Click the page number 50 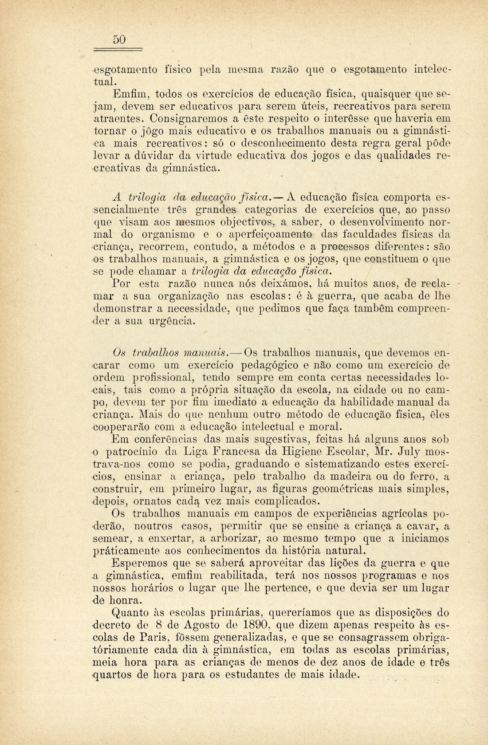click(x=119, y=39)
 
